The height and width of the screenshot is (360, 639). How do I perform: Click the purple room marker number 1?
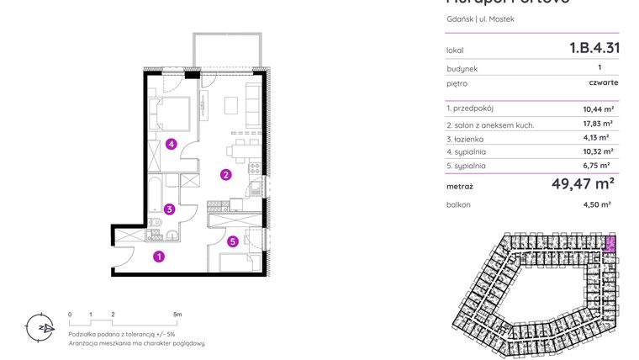pos(158,257)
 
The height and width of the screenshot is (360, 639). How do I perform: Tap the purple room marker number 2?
pos(225,176)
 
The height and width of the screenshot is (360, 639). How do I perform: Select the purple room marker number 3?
pos(169,209)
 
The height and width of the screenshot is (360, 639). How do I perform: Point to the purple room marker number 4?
pos(171,144)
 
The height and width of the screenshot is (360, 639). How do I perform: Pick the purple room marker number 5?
pos(233,242)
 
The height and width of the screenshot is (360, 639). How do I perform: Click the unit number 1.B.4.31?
pos(594,48)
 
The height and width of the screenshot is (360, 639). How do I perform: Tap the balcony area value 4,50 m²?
pos(597,204)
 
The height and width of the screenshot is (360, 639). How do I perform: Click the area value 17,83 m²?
pos(597,123)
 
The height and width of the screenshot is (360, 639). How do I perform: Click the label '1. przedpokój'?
pos(471,109)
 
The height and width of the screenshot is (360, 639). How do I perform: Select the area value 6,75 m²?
pos(598,167)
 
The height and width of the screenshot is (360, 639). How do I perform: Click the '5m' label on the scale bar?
pos(177,314)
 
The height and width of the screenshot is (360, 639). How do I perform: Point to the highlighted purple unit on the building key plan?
pos(610,246)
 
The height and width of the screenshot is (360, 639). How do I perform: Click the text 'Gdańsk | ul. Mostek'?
pos(480,19)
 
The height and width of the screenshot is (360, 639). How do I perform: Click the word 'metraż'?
pos(460,186)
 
